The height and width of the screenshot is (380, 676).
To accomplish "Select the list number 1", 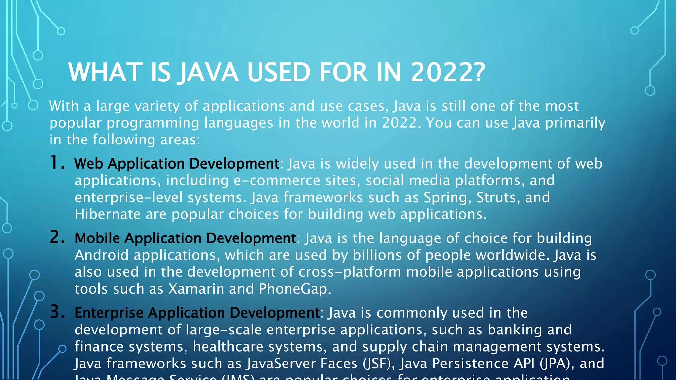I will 57,163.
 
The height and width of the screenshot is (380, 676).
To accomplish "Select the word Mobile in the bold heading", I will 97,238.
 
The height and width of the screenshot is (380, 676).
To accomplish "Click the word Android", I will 101,255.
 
